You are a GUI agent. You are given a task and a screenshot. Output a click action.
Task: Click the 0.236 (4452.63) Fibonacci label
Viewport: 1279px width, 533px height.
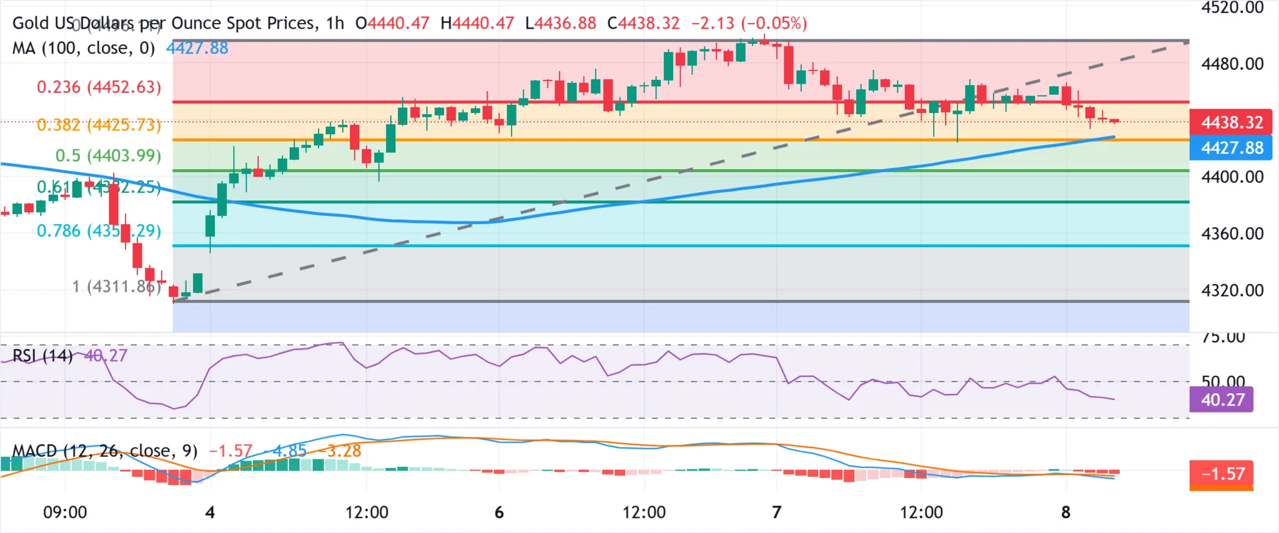tap(99, 87)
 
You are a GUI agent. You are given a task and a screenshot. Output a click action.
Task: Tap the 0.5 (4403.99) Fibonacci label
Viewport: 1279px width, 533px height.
tap(108, 155)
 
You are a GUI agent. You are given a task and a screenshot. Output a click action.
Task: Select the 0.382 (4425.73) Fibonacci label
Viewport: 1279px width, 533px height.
tap(99, 125)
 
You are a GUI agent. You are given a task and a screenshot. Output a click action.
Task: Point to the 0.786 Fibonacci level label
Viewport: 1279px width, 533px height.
tap(99, 231)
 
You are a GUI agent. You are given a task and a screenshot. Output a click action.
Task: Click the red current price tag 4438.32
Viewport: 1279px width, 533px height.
tap(1231, 122)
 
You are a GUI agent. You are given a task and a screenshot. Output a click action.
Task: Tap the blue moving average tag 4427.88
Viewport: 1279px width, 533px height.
tap(1231, 148)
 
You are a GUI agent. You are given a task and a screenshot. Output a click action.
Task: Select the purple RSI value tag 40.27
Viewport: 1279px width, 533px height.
tap(1222, 399)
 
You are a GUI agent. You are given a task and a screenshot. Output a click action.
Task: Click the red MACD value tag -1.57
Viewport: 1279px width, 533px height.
tap(1222, 474)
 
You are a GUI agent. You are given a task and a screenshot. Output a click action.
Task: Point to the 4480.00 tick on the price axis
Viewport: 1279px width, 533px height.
tap(1232, 64)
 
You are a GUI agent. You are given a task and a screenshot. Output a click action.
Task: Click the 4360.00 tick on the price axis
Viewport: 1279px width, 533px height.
tap(1232, 234)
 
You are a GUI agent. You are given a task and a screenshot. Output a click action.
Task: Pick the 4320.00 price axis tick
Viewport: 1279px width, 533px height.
tap(1232, 290)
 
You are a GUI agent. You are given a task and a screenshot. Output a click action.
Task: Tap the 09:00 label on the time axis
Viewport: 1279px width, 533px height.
tap(65, 512)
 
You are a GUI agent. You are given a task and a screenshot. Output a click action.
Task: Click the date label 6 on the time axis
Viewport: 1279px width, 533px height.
tap(499, 512)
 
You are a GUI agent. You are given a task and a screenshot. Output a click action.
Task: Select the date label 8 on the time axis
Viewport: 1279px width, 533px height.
tap(1065, 512)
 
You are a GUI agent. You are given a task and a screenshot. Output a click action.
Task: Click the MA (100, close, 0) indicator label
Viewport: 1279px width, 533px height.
tap(84, 48)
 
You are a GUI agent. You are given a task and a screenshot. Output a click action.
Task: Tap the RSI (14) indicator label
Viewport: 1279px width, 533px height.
tap(42, 356)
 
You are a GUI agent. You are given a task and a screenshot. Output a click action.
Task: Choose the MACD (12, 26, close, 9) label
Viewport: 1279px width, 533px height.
tap(105, 451)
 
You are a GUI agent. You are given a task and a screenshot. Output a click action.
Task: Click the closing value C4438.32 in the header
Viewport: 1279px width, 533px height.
tap(643, 23)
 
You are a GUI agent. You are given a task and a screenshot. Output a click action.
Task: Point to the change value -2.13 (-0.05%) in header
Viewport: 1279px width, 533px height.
tap(749, 23)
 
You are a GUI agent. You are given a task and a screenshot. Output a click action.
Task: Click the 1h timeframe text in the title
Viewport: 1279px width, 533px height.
tap(335, 23)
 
